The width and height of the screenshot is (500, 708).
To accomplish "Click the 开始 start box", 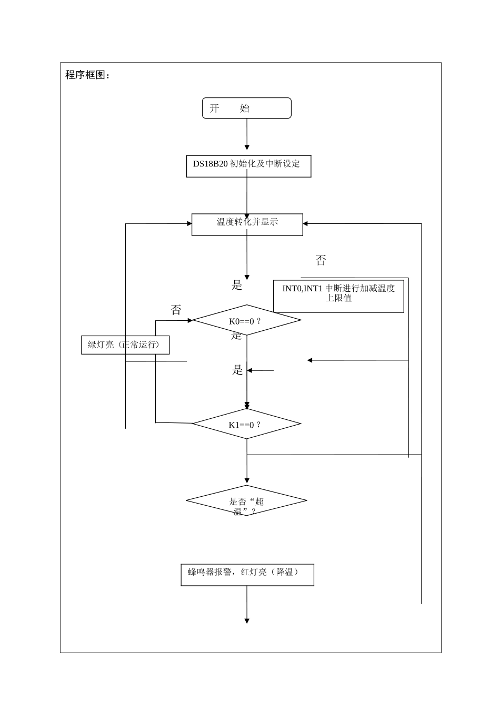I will [x=246, y=108].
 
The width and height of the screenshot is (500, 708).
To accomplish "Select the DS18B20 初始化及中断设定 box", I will [x=248, y=166].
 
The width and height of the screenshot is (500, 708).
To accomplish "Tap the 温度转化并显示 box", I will [x=247, y=224].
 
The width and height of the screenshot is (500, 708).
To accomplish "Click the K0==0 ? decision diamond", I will [x=246, y=320].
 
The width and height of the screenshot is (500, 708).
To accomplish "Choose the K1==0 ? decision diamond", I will [x=246, y=424].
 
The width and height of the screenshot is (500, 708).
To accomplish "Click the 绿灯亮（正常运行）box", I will [x=125, y=345].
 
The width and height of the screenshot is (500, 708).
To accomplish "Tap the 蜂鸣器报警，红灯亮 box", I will [x=247, y=575].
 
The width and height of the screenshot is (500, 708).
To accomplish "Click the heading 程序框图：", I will [x=88, y=75].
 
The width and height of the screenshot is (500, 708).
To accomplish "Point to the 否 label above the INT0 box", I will [x=321, y=260].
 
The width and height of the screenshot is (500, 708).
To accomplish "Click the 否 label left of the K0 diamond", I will [x=176, y=310].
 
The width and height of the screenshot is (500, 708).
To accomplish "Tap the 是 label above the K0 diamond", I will [x=237, y=286].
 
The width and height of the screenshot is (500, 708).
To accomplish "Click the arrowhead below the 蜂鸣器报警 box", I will [x=247, y=621].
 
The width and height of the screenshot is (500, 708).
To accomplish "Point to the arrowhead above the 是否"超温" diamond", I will [x=247, y=480].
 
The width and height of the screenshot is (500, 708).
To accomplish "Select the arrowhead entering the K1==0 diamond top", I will [x=247, y=405].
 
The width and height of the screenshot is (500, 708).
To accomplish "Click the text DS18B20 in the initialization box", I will [x=210, y=164].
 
